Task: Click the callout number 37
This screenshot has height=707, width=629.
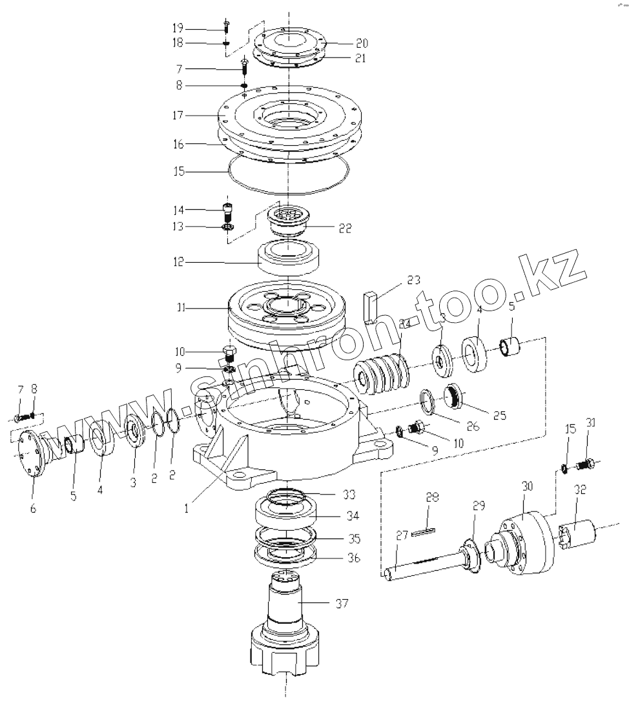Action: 342,604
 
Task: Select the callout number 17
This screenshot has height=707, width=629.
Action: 178,116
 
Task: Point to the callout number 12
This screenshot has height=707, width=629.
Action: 178,262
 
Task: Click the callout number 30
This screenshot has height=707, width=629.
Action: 526,486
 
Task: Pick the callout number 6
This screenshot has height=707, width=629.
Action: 33,509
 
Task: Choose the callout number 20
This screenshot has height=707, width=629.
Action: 361,43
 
